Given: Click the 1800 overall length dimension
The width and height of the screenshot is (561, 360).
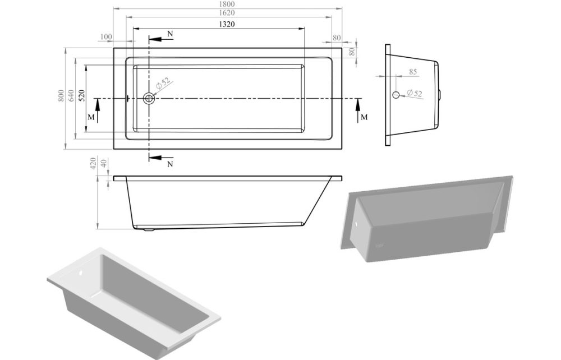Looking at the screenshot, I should (x=228, y=4).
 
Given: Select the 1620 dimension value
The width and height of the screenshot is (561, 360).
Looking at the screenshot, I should (x=228, y=12).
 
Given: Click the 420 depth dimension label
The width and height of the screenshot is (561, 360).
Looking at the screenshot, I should (x=93, y=164).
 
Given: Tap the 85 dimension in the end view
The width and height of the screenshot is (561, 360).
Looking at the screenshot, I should (x=412, y=72).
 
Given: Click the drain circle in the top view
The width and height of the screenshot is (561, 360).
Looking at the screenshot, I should (x=149, y=99).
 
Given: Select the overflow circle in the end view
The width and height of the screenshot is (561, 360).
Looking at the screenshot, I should (x=396, y=95).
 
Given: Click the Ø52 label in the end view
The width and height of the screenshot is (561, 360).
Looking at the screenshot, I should (x=415, y=93).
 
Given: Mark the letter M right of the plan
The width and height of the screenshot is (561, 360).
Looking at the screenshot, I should (x=364, y=117).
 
